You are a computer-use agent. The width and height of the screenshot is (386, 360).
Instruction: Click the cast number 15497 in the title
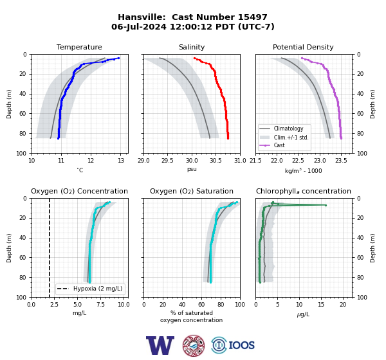point(252,17)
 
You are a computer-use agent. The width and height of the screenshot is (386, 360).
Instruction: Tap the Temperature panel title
point(79,47)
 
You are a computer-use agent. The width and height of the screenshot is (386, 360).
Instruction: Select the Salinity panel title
point(192,47)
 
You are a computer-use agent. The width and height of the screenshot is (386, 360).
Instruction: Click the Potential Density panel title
point(303,47)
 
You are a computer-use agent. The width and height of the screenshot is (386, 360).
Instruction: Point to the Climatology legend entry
point(288,129)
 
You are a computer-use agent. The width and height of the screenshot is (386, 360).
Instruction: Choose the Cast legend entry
point(279,145)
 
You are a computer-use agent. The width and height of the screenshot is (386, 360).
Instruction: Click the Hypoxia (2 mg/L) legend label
point(98,289)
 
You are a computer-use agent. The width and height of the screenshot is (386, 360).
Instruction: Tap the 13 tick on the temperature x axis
point(121,161)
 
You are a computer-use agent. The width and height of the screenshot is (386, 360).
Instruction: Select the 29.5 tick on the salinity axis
point(167,161)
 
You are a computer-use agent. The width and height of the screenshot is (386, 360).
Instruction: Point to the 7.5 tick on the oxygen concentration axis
point(100,305)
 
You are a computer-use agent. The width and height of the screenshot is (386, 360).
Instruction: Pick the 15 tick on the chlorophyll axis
point(321,305)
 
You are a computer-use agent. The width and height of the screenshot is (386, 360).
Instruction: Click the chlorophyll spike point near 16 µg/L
point(326,205)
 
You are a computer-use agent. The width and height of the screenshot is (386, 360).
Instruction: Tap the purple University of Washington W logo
point(160,345)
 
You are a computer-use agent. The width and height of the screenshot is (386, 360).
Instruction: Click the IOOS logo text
point(241,345)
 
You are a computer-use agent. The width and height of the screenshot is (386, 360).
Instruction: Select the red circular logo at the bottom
point(194,345)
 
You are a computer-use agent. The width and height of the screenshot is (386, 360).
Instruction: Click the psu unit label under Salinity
point(192,170)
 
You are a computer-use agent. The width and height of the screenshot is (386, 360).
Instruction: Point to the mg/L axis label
point(79,313)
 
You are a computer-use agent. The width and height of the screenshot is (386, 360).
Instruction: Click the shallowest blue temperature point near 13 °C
point(118,58)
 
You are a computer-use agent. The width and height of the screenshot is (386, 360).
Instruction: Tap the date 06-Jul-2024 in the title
point(139,26)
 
